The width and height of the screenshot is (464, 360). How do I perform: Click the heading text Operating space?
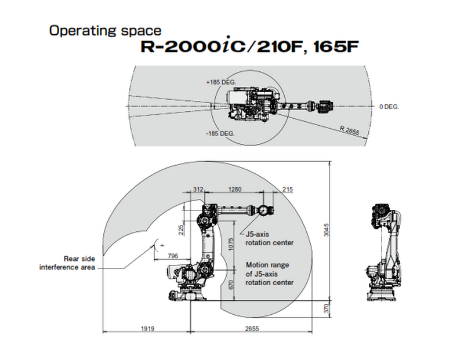[105, 30]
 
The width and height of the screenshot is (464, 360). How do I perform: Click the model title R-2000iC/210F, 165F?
[246, 46]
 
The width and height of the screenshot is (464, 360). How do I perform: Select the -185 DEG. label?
[220, 133]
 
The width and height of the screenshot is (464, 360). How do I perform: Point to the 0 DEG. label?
[389, 107]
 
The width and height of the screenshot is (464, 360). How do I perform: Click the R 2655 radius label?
[349, 129]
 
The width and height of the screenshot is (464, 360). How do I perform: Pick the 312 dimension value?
[198, 190]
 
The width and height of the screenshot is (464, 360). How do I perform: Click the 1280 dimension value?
[235, 190]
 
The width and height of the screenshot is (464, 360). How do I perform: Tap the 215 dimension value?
[287, 190]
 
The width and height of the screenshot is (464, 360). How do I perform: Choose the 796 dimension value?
[172, 255]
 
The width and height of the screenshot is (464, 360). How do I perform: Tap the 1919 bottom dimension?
[147, 329]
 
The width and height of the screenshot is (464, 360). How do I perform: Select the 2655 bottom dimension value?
[252, 329]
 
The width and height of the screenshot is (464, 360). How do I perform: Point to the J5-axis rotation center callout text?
[269, 238]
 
